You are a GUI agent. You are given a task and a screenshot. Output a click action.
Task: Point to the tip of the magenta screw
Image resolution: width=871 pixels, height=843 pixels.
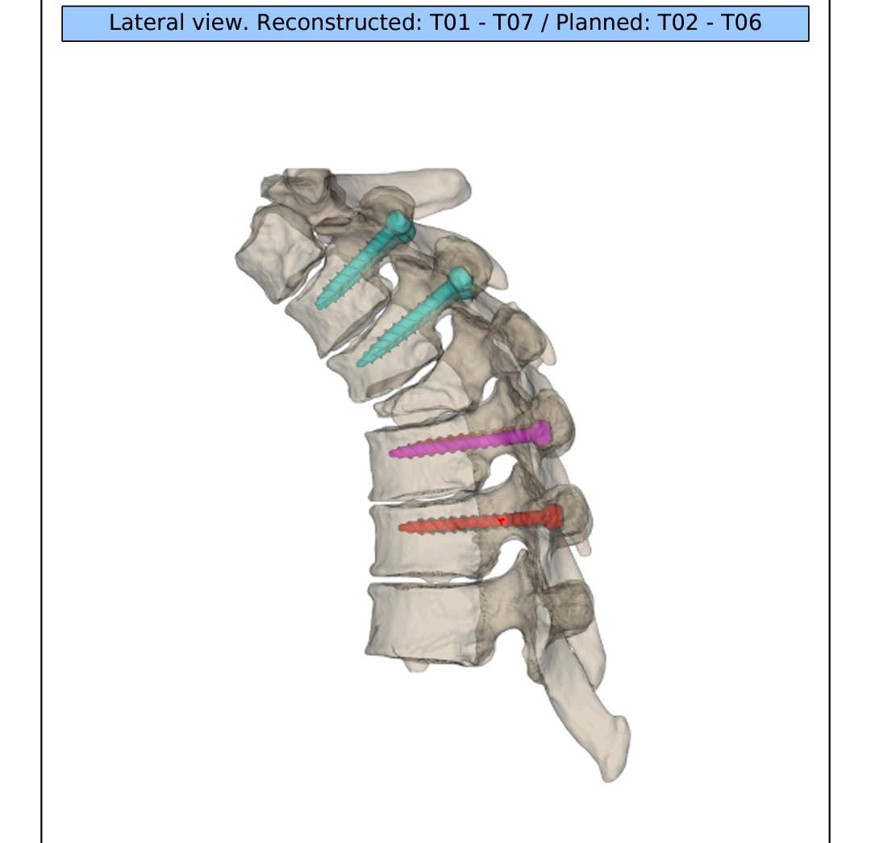click(x=392, y=453)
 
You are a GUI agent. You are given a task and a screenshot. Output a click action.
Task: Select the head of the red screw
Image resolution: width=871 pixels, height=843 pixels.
click(x=552, y=516)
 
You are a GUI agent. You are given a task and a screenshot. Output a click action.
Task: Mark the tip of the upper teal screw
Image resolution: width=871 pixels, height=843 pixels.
click(x=319, y=303)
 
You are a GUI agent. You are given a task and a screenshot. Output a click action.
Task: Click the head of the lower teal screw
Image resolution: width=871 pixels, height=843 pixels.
click(x=461, y=280)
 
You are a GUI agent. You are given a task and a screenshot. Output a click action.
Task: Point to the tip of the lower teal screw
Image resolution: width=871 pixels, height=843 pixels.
click(x=360, y=364)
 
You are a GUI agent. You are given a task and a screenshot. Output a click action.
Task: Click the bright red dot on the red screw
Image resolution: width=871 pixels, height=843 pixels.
click(x=502, y=521)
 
